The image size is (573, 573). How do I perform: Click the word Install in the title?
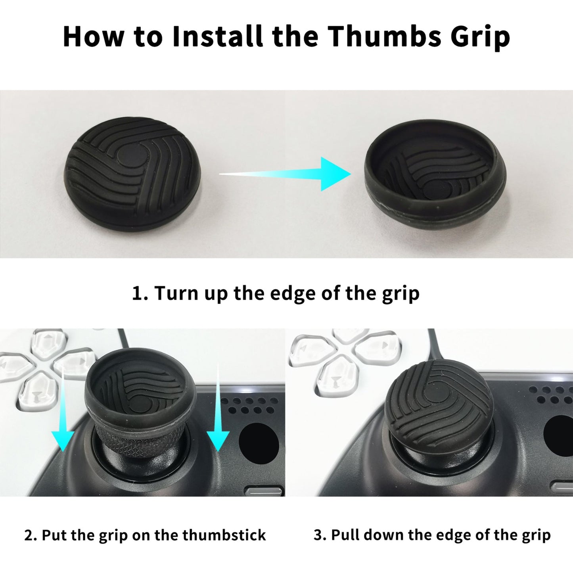(217, 36)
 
